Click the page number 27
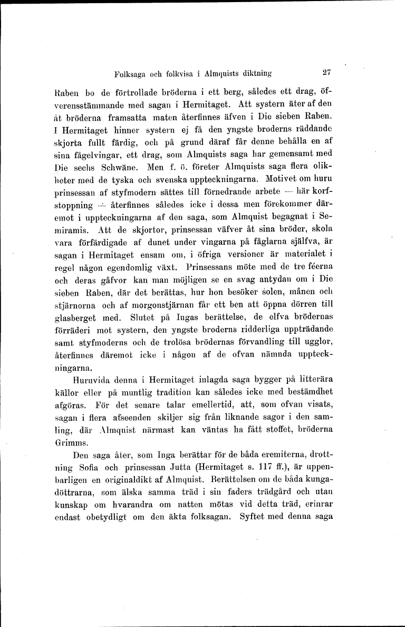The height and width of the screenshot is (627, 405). (325, 73)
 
